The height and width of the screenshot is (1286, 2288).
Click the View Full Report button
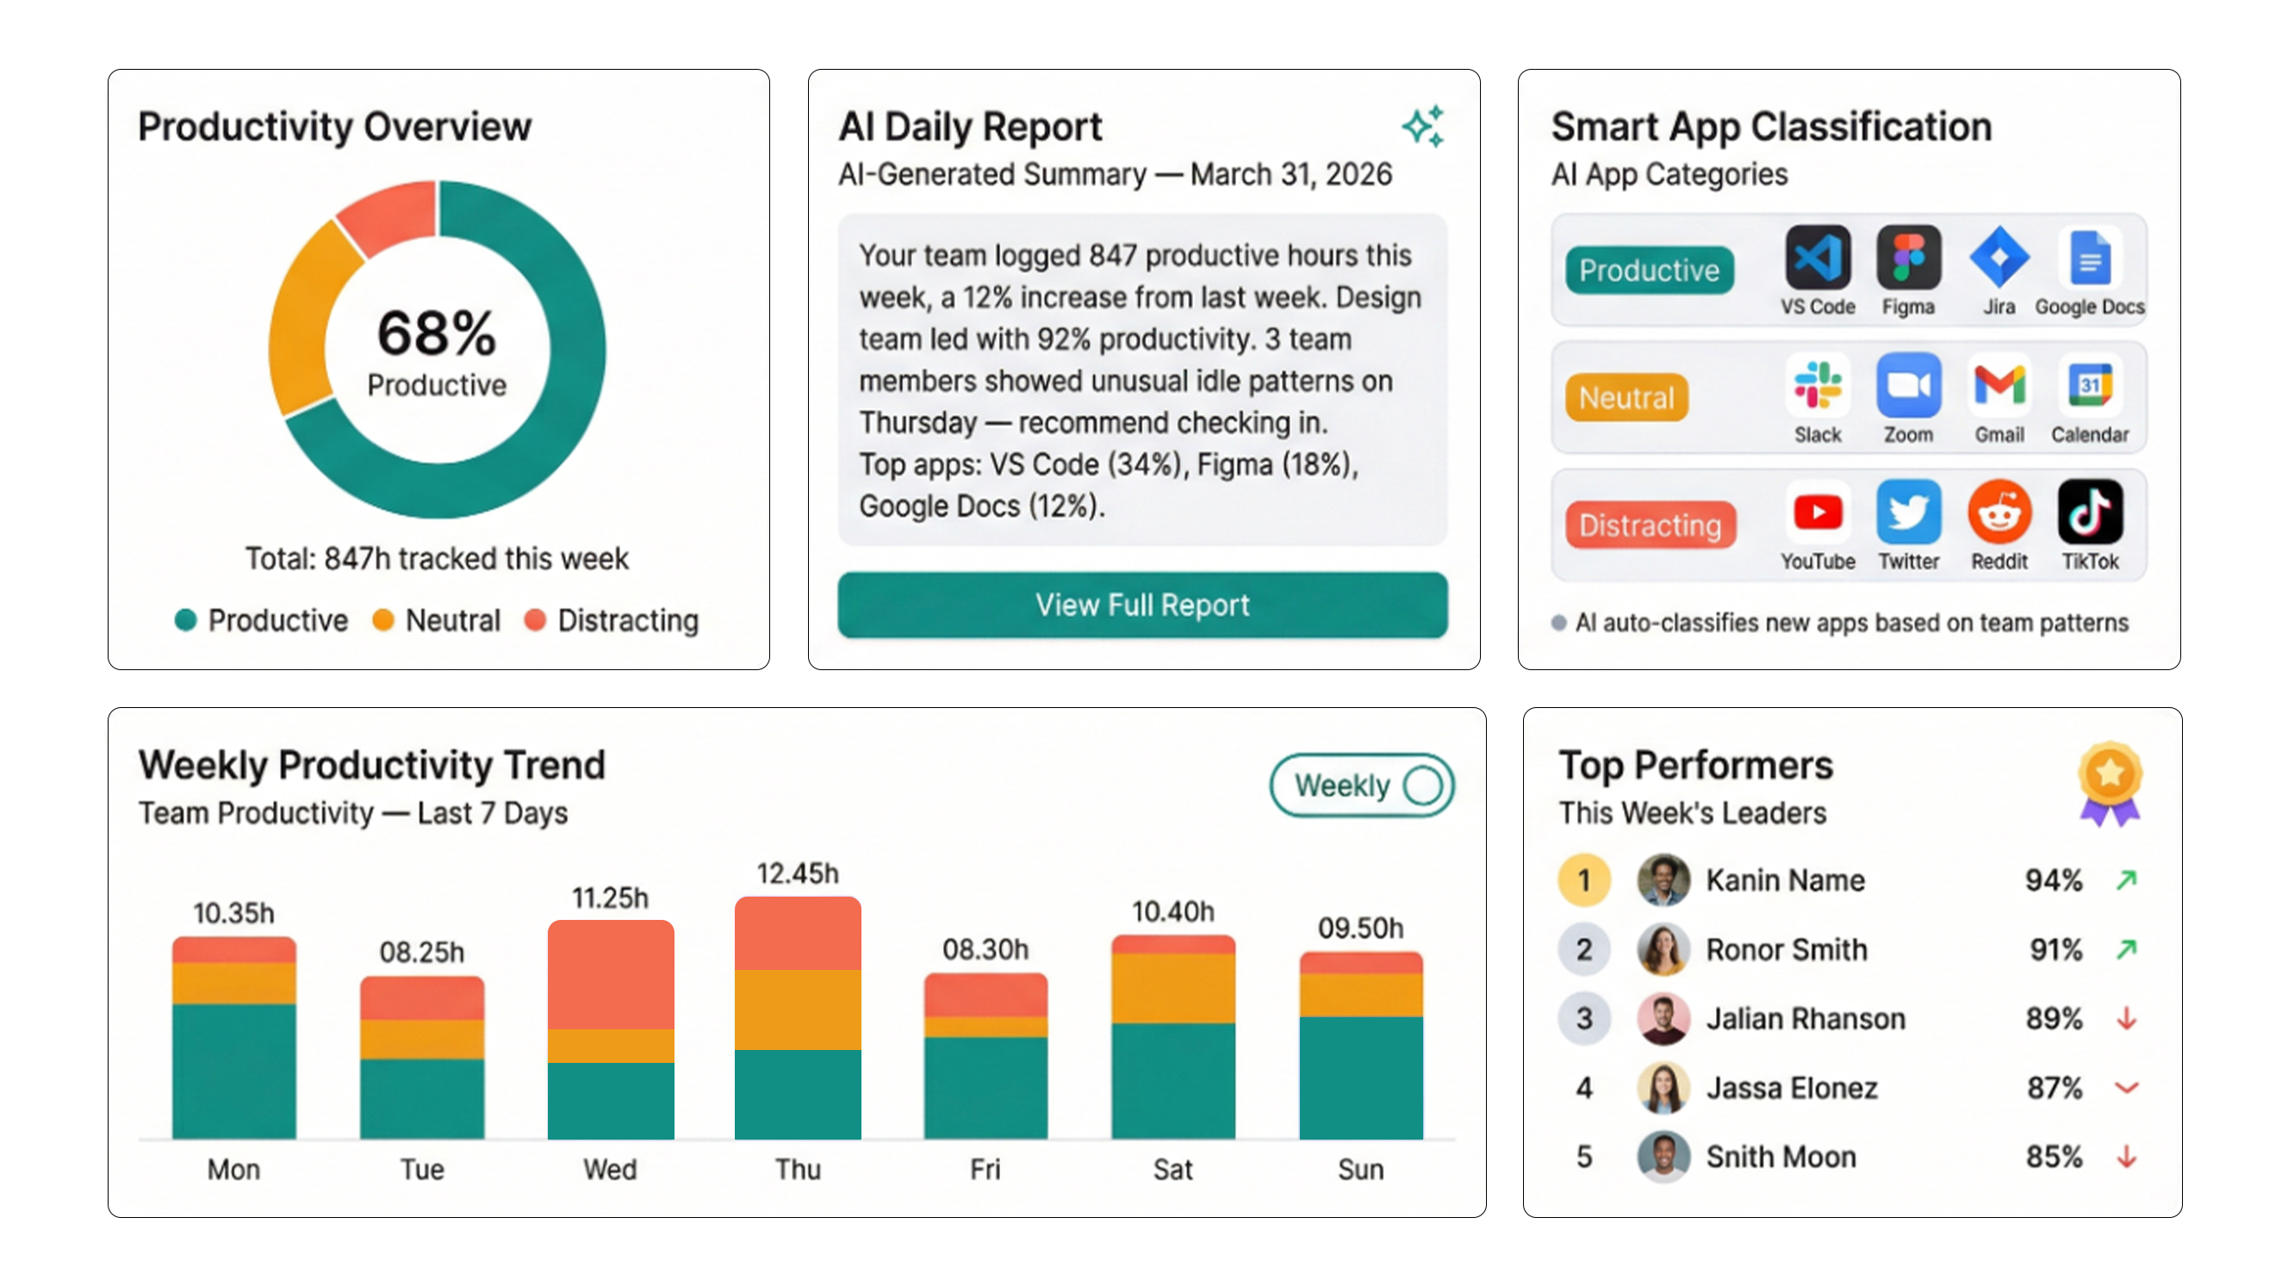1142,605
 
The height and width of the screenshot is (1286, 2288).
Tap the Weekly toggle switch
1361,785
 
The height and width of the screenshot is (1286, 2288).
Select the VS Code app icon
1818,258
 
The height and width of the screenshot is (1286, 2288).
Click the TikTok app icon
2089,513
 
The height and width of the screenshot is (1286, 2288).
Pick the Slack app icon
1818,385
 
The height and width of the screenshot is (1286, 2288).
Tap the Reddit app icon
1999,513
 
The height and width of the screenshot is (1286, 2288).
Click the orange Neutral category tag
1626,397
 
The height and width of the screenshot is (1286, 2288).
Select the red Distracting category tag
1650,525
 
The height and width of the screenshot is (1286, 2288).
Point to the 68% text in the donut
436,333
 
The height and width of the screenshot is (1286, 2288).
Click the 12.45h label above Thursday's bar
797,873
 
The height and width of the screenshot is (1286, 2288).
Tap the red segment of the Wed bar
610,974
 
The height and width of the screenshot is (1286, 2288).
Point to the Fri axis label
984,1169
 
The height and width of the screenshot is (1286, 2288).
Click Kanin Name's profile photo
1663,880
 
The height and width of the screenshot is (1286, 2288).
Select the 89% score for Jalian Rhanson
2053,1019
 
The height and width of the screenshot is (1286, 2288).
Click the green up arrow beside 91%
2125,949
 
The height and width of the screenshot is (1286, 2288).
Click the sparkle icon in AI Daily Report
1423,126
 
